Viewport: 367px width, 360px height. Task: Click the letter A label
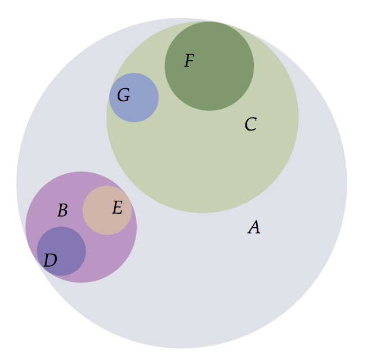(x=254, y=227)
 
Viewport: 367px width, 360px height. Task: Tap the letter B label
(x=62, y=210)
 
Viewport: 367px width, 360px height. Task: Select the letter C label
(x=250, y=124)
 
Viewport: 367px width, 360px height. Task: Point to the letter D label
(x=50, y=260)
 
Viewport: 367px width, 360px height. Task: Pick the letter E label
(x=118, y=207)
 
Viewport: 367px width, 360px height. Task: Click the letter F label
(x=189, y=60)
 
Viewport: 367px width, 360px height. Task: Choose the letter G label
(x=123, y=94)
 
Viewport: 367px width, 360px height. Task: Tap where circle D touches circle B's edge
(x=42, y=266)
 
